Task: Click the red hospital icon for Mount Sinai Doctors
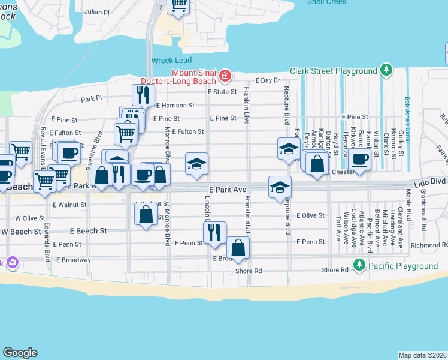tap(225, 76)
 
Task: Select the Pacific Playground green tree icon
tap(359, 265)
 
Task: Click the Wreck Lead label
tap(171, 61)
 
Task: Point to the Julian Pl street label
tap(97, 11)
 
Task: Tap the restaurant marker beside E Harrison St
tap(143, 94)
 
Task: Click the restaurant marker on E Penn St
tap(214, 232)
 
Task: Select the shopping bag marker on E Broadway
tap(238, 247)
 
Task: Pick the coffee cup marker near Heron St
tap(360, 160)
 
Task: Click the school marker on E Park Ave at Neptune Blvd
tap(280, 187)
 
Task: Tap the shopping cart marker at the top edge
tap(178, 5)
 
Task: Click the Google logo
tap(20, 353)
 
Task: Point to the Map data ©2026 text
tap(422, 355)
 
